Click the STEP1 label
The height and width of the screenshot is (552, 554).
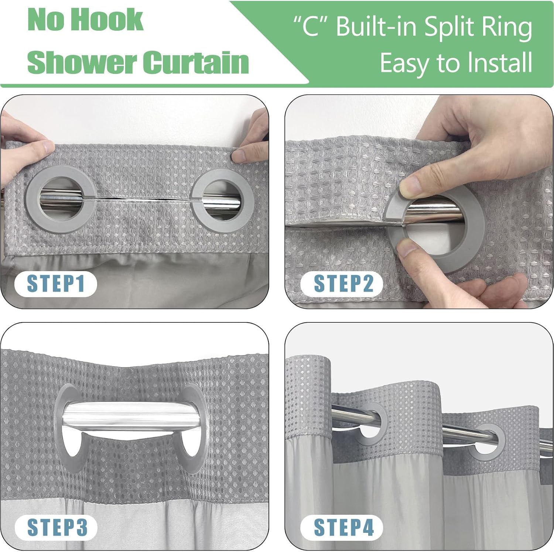55,284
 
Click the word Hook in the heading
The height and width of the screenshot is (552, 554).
108,20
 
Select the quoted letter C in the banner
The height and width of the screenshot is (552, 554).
311,27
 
